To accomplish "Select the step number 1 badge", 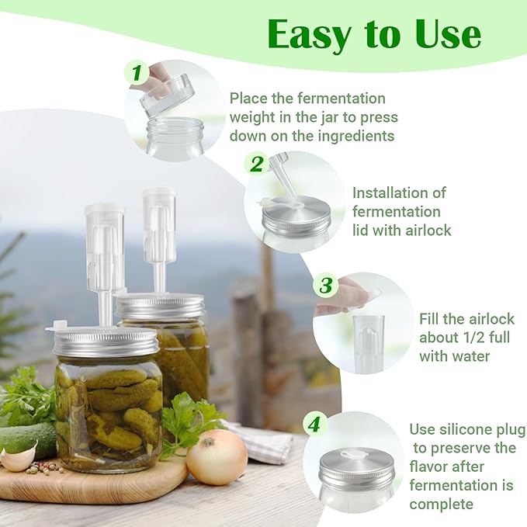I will point(137,74).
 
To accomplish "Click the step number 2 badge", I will point(256,164).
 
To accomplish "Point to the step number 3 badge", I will point(326,285).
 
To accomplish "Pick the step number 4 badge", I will point(314,425).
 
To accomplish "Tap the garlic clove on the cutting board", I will point(18,457).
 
